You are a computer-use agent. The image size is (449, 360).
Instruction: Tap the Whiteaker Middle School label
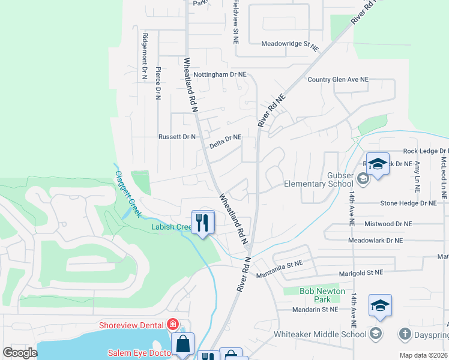(319, 334)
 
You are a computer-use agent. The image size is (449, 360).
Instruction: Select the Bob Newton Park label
(323, 295)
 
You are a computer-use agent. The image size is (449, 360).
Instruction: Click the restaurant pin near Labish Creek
(203, 223)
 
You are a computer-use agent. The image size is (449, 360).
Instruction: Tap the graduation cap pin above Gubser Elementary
(378, 164)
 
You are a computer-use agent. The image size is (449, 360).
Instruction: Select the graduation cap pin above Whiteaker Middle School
(380, 307)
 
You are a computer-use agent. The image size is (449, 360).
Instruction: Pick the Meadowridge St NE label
(289, 44)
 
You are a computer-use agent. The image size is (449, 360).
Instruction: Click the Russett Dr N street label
(177, 137)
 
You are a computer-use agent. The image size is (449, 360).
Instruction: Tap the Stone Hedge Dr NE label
(408, 204)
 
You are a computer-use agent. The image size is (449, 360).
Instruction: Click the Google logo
(20, 353)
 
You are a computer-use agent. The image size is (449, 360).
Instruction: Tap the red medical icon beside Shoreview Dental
(173, 325)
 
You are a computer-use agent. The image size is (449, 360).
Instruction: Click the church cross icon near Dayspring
(405, 333)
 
